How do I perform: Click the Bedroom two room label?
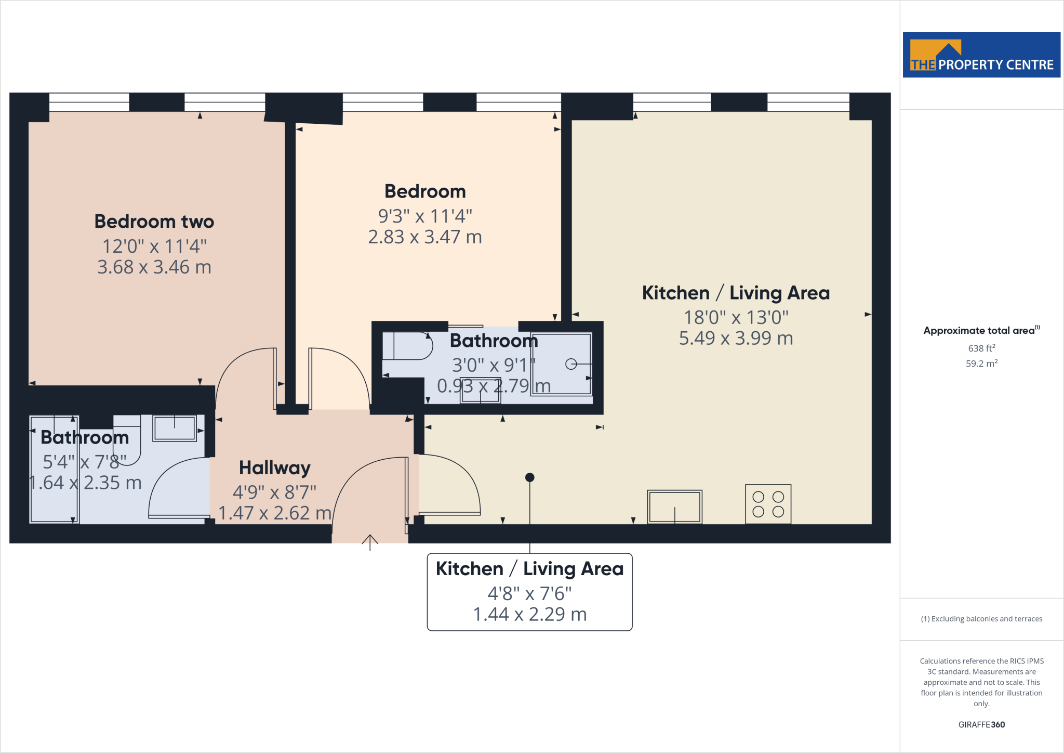coord(154,222)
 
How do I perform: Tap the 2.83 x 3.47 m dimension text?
coord(425,237)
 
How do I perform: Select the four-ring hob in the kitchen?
coord(768,504)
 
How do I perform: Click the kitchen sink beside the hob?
coord(674,507)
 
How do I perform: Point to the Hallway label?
coord(274,468)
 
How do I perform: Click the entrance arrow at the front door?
coord(370,542)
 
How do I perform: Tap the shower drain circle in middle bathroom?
coord(571,364)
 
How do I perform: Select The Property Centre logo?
coord(981,55)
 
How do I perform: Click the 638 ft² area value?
coord(981,348)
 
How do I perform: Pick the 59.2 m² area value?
coord(981,363)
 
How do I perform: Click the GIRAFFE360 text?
coord(981,724)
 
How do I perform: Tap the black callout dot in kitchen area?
coord(529,477)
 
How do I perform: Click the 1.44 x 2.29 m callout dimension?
coord(529,615)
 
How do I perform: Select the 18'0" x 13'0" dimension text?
coord(736,317)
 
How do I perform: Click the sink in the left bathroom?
coord(175,429)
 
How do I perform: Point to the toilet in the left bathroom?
coord(127,439)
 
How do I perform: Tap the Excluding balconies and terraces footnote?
coord(981,619)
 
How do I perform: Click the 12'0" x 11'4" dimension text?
coord(154,246)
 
